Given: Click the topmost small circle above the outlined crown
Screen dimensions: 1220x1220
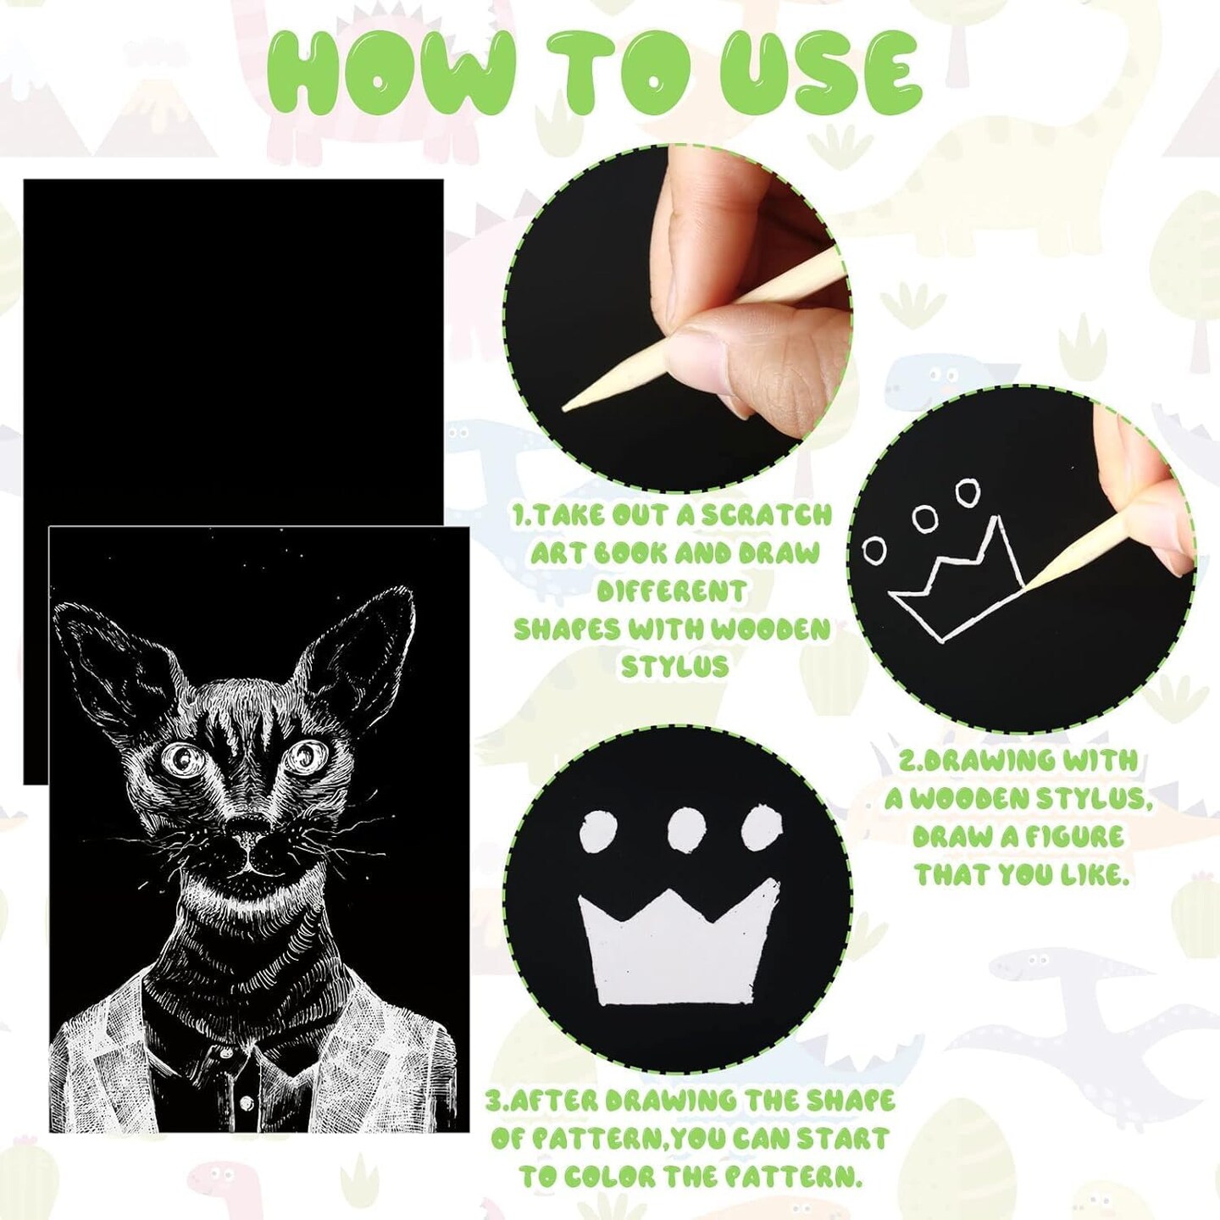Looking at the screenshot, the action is (x=967, y=492).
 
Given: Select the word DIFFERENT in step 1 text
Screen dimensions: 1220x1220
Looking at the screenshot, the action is (x=671, y=592).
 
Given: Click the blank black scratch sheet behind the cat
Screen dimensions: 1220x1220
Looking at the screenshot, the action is (x=233, y=348).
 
